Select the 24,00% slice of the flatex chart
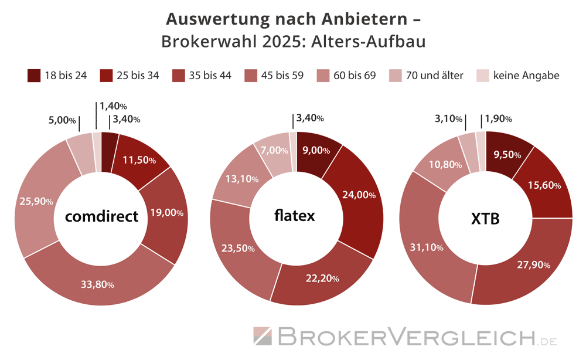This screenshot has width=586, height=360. pos(358,195)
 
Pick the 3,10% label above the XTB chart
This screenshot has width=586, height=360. pos(448,120)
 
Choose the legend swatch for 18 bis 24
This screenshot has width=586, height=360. pos(34,75)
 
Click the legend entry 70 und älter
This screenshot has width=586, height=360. pos(434,76)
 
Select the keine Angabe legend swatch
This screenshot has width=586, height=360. pos(482,76)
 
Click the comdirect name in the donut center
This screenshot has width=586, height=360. pos(101,216)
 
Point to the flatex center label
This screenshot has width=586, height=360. pos(294,215)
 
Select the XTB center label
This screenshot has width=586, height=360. pos(485,218)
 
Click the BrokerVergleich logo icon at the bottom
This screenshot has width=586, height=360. pos(262,337)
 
